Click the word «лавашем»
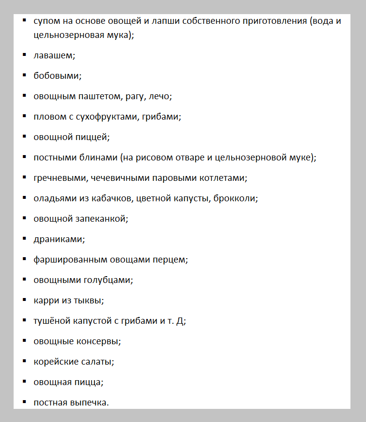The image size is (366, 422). pos(53,55)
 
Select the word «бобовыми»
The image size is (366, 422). pos(56,76)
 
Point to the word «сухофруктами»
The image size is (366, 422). pos(111,117)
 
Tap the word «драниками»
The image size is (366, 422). pos(58,239)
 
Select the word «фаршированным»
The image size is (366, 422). pos(66,260)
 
